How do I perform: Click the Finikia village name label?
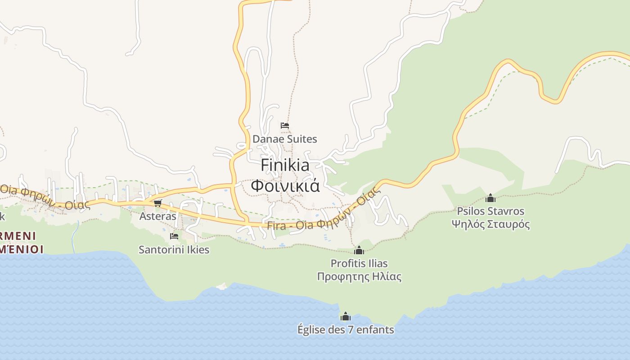(285, 166)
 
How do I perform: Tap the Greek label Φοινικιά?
(285, 185)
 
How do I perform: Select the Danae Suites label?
(284, 139)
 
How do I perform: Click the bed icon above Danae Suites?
(284, 126)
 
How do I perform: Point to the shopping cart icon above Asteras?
(157, 203)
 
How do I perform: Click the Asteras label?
(157, 216)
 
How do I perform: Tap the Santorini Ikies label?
(174, 249)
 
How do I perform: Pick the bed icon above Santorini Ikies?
(174, 236)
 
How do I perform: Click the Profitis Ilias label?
(359, 263)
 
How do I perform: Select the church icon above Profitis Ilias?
(359, 250)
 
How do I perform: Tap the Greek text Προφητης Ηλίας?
(359, 276)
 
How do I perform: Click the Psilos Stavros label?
(490, 211)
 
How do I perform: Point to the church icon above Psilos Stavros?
(490, 198)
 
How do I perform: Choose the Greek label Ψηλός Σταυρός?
(490, 224)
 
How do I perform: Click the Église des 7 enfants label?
(345, 330)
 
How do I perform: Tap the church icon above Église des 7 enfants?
(345, 316)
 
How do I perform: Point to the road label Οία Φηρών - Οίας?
(43, 197)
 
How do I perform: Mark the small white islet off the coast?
(221, 286)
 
